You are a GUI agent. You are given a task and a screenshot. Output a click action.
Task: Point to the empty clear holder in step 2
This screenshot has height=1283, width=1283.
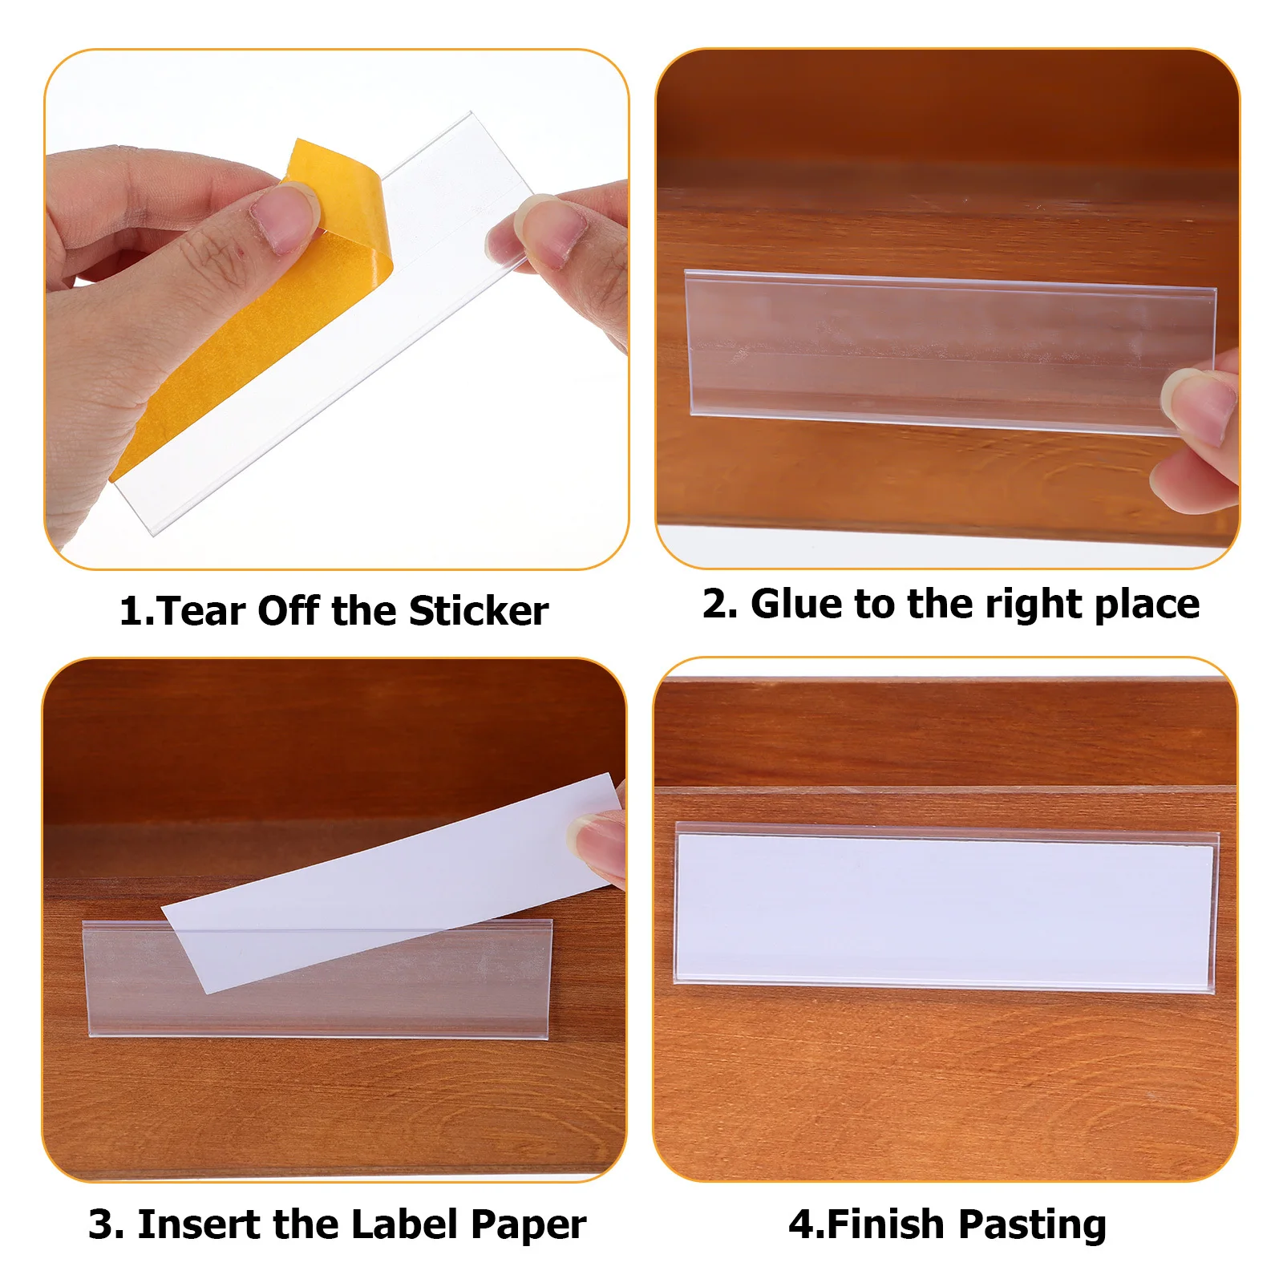pos(922,349)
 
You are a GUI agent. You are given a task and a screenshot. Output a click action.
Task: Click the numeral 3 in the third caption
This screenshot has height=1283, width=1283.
pos(101,1224)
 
